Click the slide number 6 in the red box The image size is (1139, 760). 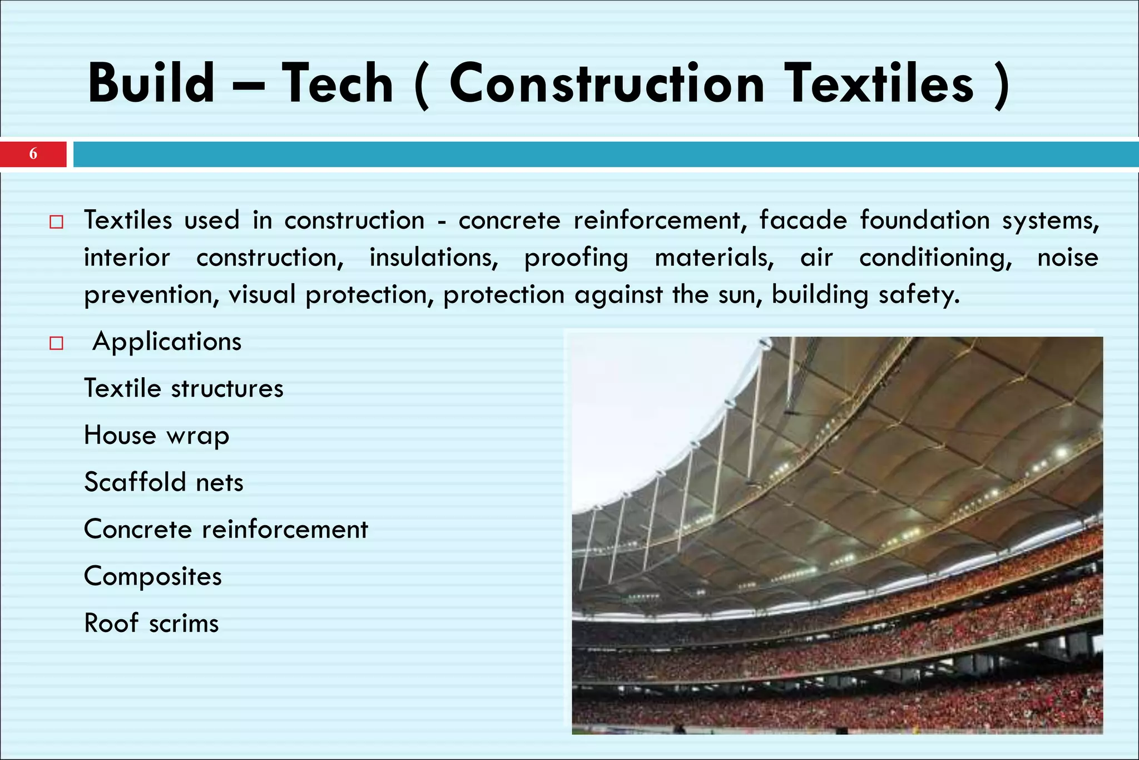(x=33, y=154)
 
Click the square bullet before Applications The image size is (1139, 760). (x=56, y=343)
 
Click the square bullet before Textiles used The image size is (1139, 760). (x=56, y=223)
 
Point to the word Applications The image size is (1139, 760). (x=167, y=342)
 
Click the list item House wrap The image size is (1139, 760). (x=156, y=435)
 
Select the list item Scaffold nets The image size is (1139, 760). (x=164, y=482)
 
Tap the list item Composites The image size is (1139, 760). (x=153, y=576)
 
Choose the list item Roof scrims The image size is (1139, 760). (x=151, y=623)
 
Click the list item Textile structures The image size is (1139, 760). (x=184, y=388)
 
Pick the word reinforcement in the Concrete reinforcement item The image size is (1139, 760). (x=285, y=529)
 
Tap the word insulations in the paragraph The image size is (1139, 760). (x=434, y=258)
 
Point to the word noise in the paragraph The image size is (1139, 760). (x=1067, y=258)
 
